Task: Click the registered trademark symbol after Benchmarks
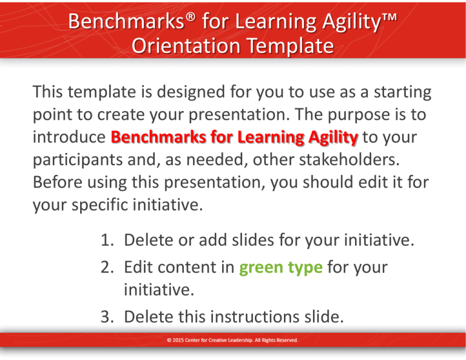pyautogui.click(x=191, y=17)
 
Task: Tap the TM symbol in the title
pyautogui.click(x=389, y=16)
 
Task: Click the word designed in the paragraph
pyautogui.click(x=191, y=92)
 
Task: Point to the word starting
pyautogui.click(x=402, y=92)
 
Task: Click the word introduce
pyautogui.click(x=69, y=137)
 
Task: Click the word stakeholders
pyautogui.click(x=349, y=160)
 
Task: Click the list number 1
pyautogui.click(x=107, y=240)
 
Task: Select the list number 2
pyautogui.click(x=107, y=267)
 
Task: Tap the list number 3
pyautogui.click(x=107, y=317)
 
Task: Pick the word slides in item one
pyautogui.click(x=252, y=240)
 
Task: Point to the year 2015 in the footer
pyautogui.click(x=178, y=340)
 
